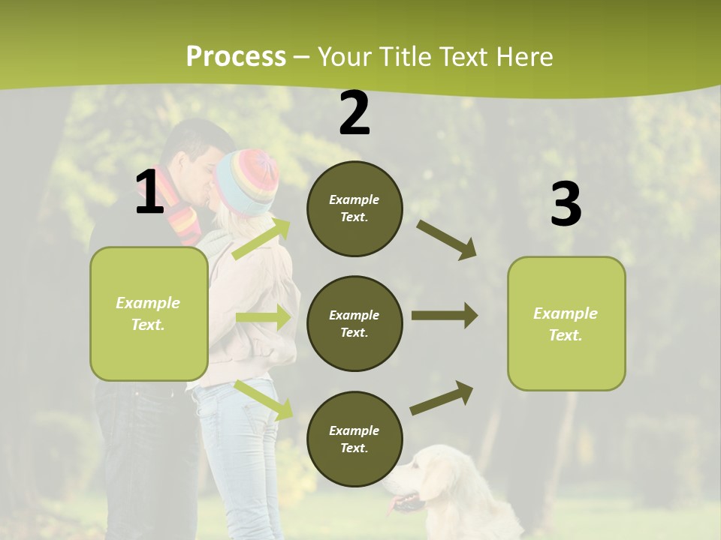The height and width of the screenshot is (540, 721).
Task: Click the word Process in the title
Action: (236, 56)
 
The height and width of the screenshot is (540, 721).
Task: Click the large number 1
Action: (149, 193)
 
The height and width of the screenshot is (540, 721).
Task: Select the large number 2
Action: (354, 114)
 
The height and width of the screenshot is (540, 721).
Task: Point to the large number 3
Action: (566, 205)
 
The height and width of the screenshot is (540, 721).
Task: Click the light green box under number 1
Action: (149, 313)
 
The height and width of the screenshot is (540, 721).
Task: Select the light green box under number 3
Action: (566, 323)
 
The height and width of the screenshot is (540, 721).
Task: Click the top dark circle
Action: (354, 208)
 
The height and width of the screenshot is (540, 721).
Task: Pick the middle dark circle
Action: (354, 323)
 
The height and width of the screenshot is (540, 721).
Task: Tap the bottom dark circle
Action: (354, 439)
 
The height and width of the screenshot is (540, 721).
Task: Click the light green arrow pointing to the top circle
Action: (261, 238)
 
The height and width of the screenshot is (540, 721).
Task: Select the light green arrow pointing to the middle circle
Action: (263, 317)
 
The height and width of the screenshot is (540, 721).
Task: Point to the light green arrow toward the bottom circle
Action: (263, 399)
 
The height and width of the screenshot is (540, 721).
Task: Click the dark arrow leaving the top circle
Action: (447, 240)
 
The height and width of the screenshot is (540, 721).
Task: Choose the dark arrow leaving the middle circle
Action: (444, 316)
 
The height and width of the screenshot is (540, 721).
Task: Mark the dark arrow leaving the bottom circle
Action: (442, 397)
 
